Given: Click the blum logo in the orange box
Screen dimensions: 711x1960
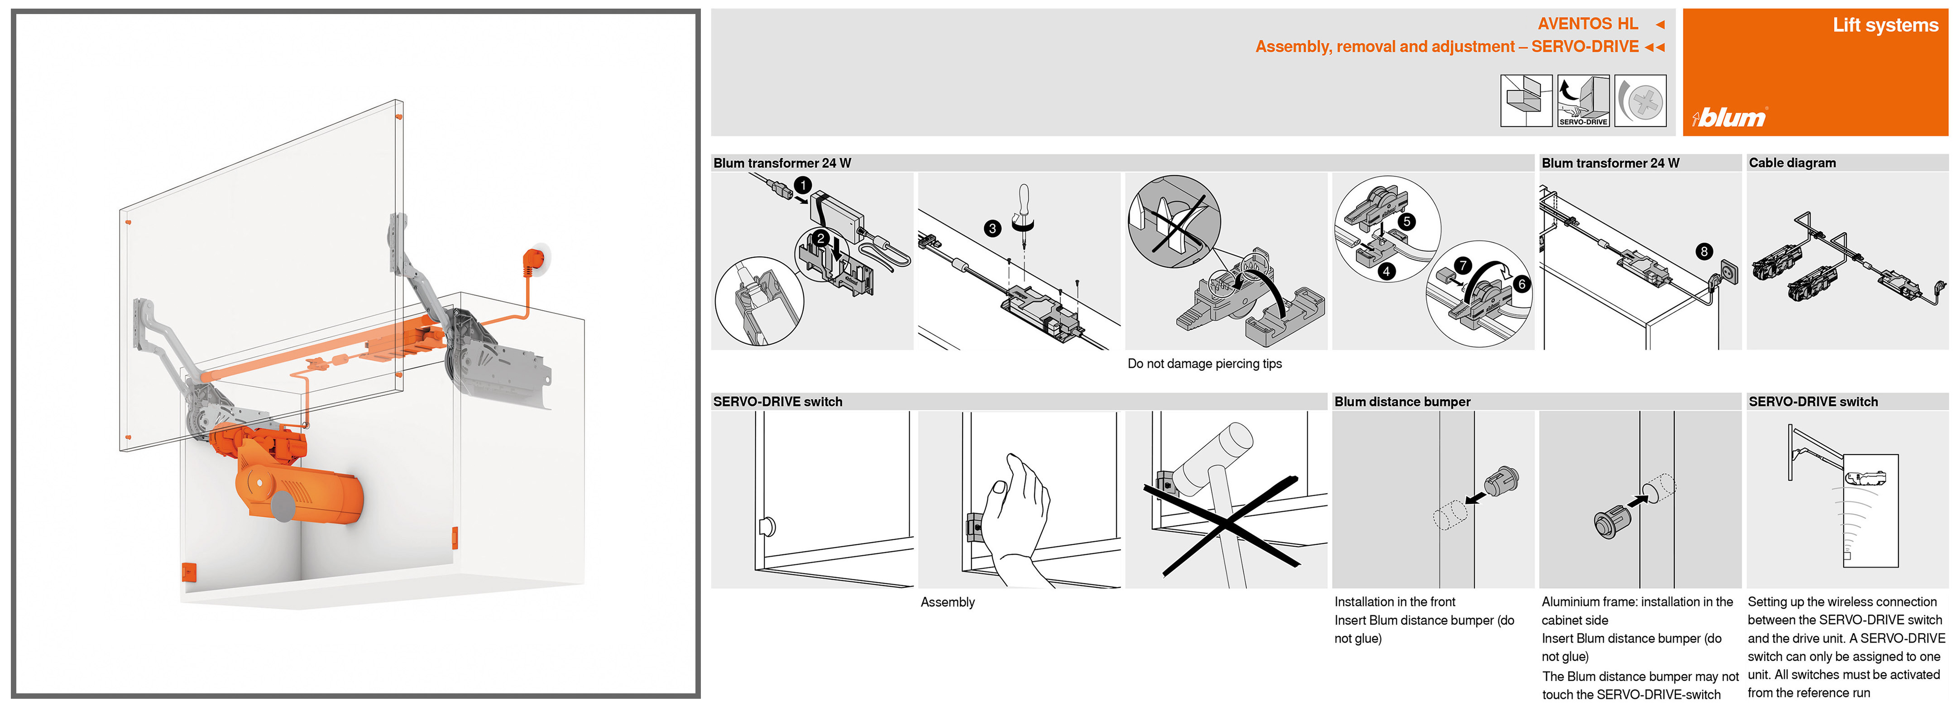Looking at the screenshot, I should (1729, 117).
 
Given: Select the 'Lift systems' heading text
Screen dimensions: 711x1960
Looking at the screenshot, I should (1885, 25).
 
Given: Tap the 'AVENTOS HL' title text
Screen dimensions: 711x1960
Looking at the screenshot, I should (1587, 24).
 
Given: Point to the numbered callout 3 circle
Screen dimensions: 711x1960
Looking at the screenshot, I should (992, 228).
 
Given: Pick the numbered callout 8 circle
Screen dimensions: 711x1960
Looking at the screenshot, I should (1704, 251).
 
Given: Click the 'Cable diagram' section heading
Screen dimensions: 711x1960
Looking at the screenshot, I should (1792, 163).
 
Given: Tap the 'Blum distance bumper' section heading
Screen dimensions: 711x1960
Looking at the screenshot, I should (1402, 402).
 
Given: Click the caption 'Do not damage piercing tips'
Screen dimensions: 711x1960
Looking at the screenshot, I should (1204, 364).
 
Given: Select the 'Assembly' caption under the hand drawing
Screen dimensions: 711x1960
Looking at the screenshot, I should (947, 602).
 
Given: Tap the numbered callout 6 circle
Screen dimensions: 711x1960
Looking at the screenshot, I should (1522, 284).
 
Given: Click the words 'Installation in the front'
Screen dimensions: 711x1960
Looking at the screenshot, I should (1394, 602).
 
